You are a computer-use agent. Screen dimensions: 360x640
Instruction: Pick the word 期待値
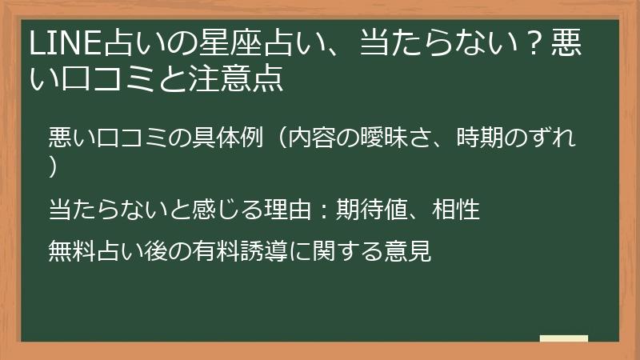pyautogui.click(x=372, y=210)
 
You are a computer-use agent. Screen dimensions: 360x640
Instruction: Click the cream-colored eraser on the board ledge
pyautogui.click(x=563, y=338)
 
